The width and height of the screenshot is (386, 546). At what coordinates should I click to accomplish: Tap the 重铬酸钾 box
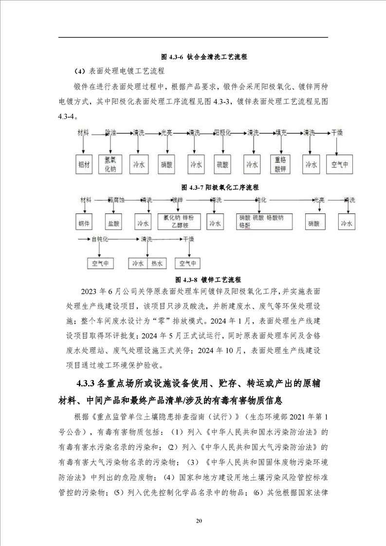(279, 164)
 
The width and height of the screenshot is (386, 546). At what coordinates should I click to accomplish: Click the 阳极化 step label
(222, 132)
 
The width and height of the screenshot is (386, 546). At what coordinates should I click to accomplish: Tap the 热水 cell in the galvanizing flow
(157, 263)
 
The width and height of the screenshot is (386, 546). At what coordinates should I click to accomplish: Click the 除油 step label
(111, 132)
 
